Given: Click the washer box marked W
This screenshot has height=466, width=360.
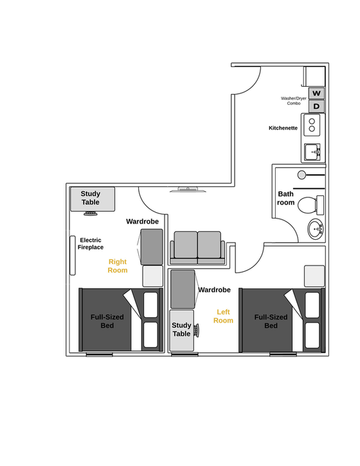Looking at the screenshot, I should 316,93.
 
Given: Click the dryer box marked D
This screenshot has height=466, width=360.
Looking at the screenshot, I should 316,106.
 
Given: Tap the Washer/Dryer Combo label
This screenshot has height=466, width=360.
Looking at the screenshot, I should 293,101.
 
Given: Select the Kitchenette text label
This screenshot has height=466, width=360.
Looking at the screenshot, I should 283,128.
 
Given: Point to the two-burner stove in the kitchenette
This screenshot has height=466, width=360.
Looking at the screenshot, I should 313,125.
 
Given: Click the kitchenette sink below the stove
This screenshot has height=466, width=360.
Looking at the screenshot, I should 314,152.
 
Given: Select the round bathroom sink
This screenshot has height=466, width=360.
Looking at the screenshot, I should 316,229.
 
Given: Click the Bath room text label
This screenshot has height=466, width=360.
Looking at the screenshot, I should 286,198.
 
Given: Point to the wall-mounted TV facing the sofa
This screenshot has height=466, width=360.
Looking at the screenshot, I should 187,190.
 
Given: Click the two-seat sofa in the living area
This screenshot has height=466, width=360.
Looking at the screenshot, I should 197,247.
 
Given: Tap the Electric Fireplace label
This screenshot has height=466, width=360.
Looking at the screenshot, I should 91,244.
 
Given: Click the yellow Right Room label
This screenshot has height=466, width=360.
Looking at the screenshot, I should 118,265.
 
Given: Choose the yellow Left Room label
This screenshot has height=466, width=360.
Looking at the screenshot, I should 223,316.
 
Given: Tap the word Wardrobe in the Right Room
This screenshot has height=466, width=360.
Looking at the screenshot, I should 142,221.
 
